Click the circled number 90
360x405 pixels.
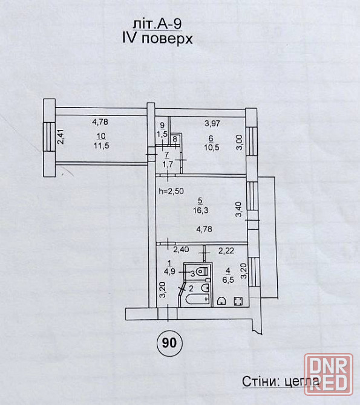pos(169,343)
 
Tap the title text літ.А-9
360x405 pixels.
pos(157,24)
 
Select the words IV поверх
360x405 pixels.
pos(157,39)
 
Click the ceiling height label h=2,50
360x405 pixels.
pos(171,191)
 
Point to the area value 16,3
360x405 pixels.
pos(201,210)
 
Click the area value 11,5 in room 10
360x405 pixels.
pos(102,146)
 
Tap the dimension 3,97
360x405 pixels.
pos(212,123)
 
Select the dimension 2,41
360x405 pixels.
pos(61,137)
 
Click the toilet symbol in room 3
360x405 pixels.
pos(202,271)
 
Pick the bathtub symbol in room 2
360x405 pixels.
pos(198,299)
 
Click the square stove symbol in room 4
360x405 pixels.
pos(238,301)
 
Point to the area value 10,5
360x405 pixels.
pos(212,147)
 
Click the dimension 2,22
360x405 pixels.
pos(226,250)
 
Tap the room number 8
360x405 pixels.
pos(175,139)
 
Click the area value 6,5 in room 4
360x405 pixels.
pos(228,279)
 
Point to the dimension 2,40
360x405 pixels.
pos(181,250)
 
